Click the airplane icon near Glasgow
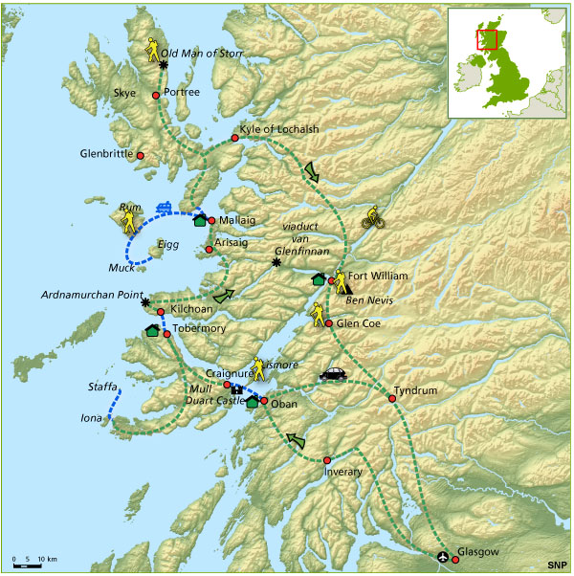[x=442, y=556]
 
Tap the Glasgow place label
[x=478, y=552]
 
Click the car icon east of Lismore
[x=332, y=374]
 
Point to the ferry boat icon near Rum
[x=164, y=206]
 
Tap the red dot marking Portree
[x=156, y=96]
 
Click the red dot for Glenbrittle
[x=140, y=155]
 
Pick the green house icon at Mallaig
[x=200, y=220]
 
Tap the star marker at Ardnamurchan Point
[x=145, y=302]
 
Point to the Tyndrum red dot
[x=392, y=398]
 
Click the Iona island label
[x=91, y=418]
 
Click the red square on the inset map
[x=486, y=39]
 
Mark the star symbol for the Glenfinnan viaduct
[x=276, y=262]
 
